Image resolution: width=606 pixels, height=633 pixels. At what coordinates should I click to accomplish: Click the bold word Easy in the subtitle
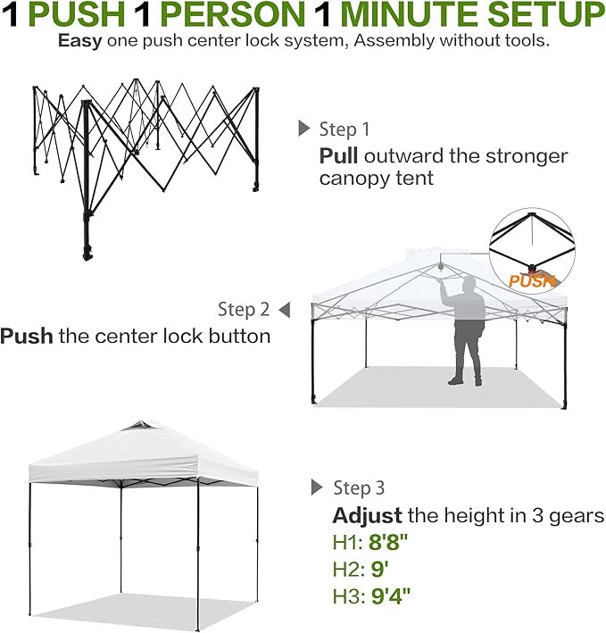pyautogui.click(x=78, y=41)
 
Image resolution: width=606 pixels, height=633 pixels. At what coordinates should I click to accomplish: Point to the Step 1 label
pyautogui.click(x=344, y=130)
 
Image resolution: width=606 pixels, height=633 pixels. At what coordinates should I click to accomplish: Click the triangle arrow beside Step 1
pyautogui.click(x=304, y=129)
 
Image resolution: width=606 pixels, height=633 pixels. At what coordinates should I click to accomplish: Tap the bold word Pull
pyautogui.click(x=338, y=156)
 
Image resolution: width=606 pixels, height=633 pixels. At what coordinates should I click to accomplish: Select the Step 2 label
pyautogui.click(x=243, y=310)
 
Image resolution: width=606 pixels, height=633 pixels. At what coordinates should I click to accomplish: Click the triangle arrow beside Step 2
pyautogui.click(x=284, y=310)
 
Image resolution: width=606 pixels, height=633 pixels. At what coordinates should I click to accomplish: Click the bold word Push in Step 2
pyautogui.click(x=27, y=337)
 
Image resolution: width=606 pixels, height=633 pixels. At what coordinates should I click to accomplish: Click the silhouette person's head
pyautogui.click(x=464, y=284)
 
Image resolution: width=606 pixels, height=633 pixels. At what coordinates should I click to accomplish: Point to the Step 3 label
pyautogui.click(x=359, y=488)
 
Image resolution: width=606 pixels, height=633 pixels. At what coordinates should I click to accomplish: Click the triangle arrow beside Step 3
pyautogui.click(x=316, y=487)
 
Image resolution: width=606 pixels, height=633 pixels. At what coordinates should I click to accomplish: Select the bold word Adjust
pyautogui.click(x=367, y=516)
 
